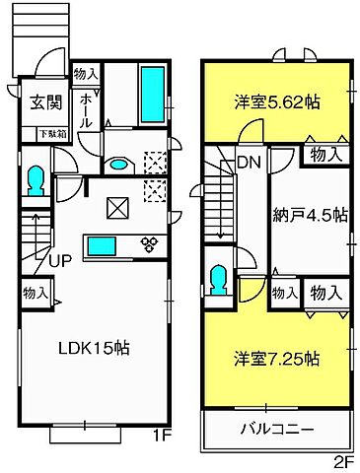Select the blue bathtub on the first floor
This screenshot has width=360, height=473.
[x=152, y=95]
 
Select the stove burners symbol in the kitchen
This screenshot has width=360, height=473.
[x=149, y=243]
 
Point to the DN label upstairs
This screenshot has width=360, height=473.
[x=247, y=163]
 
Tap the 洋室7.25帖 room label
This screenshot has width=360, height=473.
[x=275, y=359]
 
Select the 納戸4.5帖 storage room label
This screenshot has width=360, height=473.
[x=309, y=214]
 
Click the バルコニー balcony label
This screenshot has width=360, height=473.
[x=278, y=430]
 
